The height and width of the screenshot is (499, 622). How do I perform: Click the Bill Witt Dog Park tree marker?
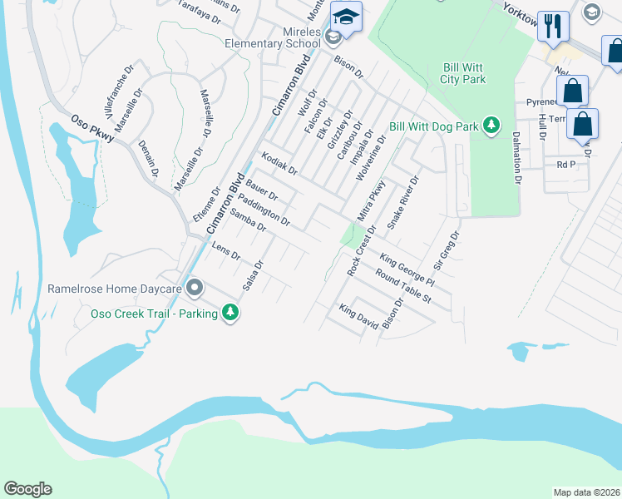pos(492,126)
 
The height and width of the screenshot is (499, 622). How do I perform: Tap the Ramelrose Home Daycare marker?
pos(195,289)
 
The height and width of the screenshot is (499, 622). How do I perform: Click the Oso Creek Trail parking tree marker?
pos(230,313)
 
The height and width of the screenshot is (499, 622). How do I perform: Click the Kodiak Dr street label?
pos(279,164)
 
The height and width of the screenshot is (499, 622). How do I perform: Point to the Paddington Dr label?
pos(264,210)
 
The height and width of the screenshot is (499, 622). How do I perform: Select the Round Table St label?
pos(403,286)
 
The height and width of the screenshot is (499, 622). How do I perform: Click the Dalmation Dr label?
pos(516,156)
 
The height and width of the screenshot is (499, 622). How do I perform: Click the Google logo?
pos(27,489)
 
